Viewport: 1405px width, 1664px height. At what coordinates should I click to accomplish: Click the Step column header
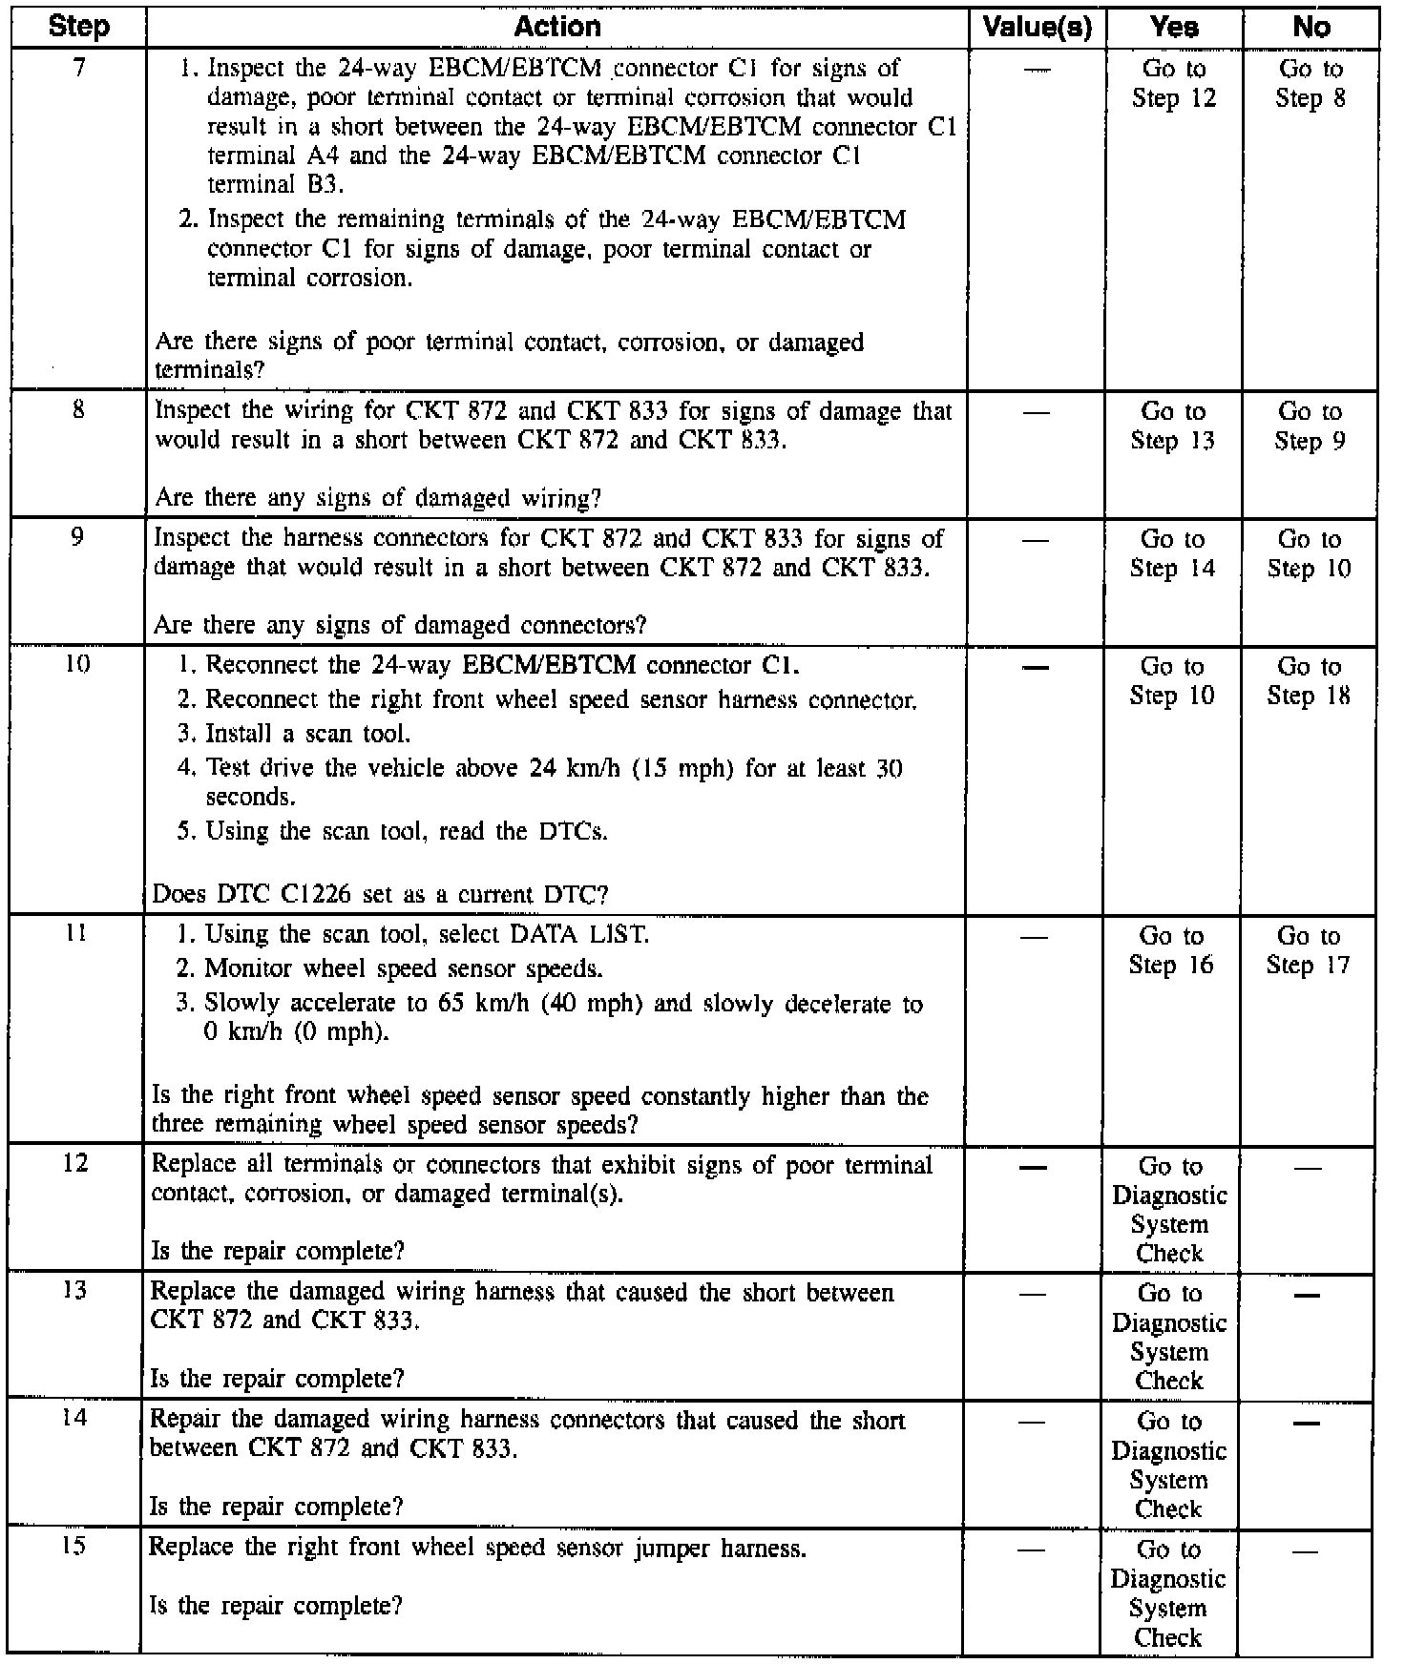[78, 26]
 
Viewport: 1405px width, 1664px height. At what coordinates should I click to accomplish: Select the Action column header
[557, 26]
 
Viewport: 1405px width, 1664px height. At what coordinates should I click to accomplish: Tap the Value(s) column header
[1037, 27]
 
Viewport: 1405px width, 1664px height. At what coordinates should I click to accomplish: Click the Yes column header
[1174, 27]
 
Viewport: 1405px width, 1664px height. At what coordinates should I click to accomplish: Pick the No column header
[1311, 27]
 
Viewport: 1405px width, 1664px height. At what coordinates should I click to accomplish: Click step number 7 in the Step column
[78, 69]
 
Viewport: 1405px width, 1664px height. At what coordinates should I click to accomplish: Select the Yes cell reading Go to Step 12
[1174, 84]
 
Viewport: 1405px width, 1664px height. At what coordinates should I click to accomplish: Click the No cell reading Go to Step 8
[1311, 84]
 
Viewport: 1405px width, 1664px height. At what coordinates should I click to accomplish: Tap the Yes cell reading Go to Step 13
[1173, 426]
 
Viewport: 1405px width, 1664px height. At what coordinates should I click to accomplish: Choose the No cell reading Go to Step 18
[1309, 681]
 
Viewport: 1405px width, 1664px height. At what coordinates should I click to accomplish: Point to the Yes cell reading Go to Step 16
[1171, 950]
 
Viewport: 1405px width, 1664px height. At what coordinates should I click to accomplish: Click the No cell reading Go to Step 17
[1308, 950]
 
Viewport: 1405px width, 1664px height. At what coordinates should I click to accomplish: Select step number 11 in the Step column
[76, 935]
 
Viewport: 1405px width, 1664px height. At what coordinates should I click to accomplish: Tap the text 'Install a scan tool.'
[307, 734]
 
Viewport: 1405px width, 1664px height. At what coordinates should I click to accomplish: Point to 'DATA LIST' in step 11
[579, 934]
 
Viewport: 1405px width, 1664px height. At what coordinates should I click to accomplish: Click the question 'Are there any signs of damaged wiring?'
[378, 497]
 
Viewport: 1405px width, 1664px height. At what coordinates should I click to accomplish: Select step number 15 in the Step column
[73, 1545]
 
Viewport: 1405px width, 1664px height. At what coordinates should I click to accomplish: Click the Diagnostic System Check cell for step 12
[1169, 1210]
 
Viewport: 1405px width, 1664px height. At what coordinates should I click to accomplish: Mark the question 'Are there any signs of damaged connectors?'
[400, 625]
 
